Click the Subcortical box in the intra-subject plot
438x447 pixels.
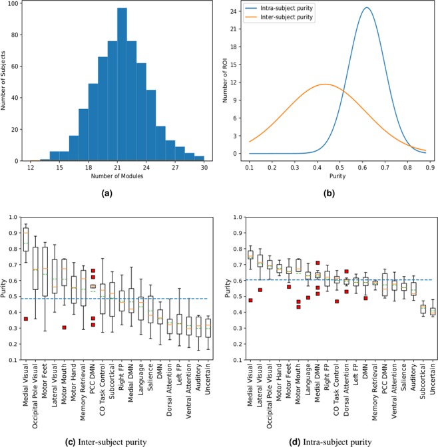pos(423,309)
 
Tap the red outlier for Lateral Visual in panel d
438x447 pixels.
pos(260,290)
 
